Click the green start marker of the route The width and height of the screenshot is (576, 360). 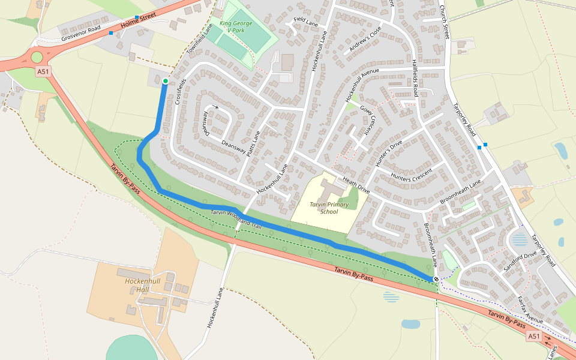(166, 81)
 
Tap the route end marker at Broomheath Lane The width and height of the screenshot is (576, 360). (436, 279)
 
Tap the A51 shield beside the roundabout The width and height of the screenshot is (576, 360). (43, 71)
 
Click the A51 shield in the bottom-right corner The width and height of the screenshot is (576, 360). (534, 337)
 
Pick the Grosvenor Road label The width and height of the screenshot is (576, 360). (81, 34)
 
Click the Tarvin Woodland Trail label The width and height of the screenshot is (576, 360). (236, 218)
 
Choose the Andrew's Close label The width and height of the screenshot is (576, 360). (365, 41)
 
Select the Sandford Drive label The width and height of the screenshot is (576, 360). (520, 262)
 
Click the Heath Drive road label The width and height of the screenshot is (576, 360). (356, 185)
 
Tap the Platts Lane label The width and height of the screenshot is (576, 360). (253, 145)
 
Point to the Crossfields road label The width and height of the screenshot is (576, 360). (181, 92)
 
